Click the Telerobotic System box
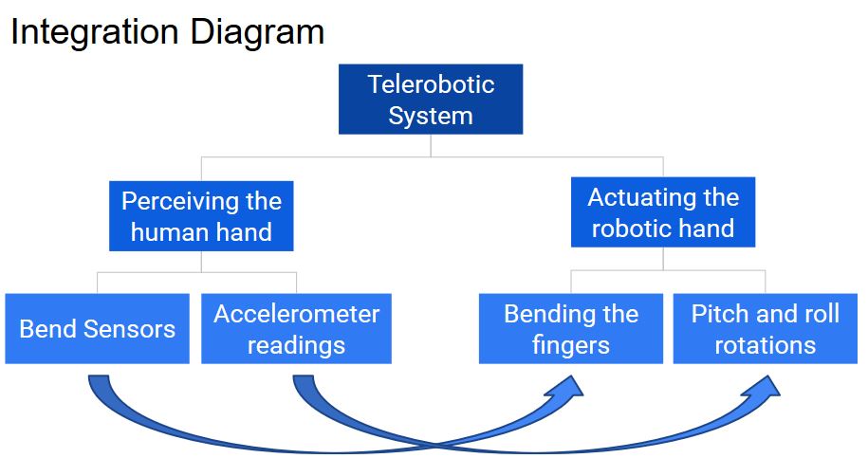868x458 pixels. tap(431, 99)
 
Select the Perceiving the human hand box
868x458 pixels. tap(201, 216)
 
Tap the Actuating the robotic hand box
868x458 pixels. tap(663, 211)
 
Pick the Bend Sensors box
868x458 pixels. tap(98, 328)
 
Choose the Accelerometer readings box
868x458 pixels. tap(296, 328)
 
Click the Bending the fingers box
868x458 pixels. tap(571, 328)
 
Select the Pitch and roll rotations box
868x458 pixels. tap(765, 328)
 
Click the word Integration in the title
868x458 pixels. tap(94, 32)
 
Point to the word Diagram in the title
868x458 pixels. tap(257, 32)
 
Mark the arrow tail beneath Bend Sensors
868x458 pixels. tap(99, 380)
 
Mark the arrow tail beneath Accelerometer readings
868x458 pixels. tap(304, 380)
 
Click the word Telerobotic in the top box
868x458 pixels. tap(432, 84)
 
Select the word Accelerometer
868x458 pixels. tap(297, 314)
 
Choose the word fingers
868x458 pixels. tap(571, 346)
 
